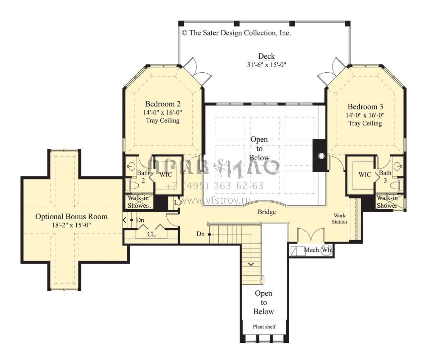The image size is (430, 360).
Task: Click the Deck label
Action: pyautogui.click(x=266, y=56)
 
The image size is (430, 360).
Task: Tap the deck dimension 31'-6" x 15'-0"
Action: pyautogui.click(x=266, y=65)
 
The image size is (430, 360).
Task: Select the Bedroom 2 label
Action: pyautogui.click(x=163, y=104)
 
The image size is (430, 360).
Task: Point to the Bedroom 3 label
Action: pyautogui.click(x=365, y=107)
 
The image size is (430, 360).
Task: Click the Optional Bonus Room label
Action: pyautogui.click(x=71, y=217)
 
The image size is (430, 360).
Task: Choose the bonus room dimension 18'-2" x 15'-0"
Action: pyautogui.click(x=71, y=225)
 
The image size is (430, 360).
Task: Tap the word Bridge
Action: pyautogui.click(x=267, y=212)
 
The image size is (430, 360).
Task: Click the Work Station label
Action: pyautogui.click(x=339, y=219)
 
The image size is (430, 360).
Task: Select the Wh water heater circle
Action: pyautogui.click(x=326, y=250)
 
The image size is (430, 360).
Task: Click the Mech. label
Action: pyautogui.click(x=312, y=250)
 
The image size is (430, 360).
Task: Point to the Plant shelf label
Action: pyautogui.click(x=264, y=327)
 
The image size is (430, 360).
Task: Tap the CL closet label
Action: pyautogui.click(x=152, y=234)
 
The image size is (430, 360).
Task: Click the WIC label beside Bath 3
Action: pyautogui.click(x=365, y=174)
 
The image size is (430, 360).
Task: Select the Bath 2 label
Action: pyautogui.click(x=143, y=176)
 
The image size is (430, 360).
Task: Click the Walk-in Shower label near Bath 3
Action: pyautogui.click(x=387, y=202)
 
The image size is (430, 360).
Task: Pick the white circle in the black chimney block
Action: pyautogui.click(x=321, y=156)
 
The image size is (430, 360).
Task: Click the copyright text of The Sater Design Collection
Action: pyautogui.click(x=236, y=33)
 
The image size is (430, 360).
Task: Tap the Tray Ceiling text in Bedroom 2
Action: pyautogui.click(x=163, y=121)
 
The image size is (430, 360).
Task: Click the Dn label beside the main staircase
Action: pyautogui.click(x=201, y=234)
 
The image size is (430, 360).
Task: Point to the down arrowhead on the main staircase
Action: pyautogui.click(x=251, y=264)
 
